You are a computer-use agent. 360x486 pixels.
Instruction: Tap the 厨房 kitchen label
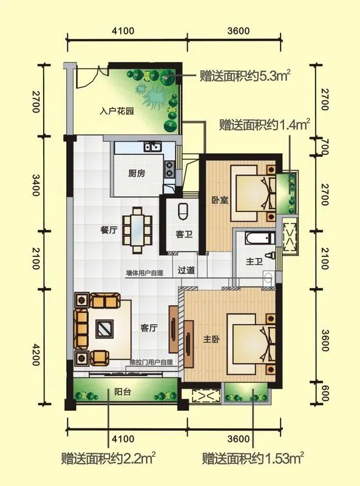pos(137,172)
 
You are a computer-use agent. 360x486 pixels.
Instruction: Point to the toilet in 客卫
pos(183,211)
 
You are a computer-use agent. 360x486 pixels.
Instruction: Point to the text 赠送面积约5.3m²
pos(244,77)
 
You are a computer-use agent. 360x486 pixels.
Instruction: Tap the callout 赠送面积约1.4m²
pos(265,126)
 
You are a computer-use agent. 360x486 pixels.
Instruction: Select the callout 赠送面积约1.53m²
pos(253,457)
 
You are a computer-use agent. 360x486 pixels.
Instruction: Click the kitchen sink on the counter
pos(150,147)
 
